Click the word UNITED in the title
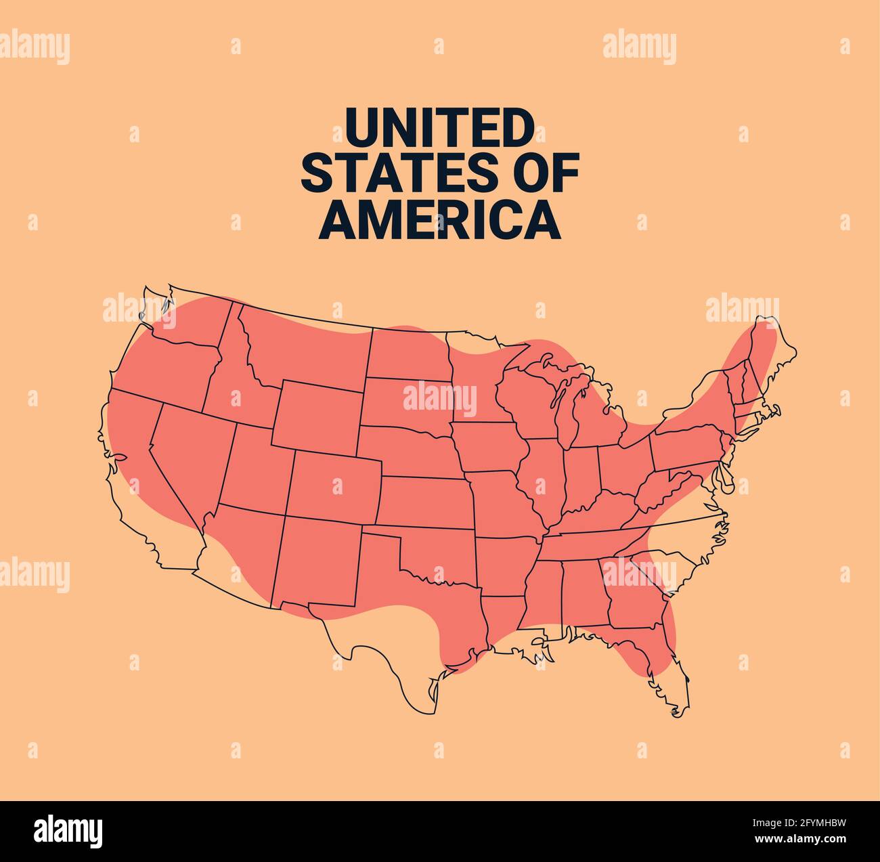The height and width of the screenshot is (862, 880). pos(439,127)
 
